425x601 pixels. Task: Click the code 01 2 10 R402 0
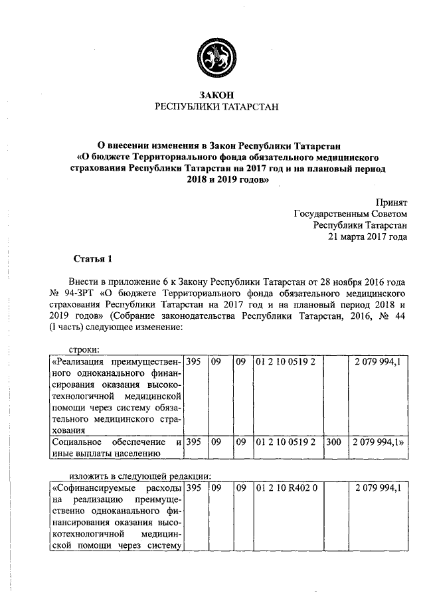pos(285,488)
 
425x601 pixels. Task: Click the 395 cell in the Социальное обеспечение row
pos(194,441)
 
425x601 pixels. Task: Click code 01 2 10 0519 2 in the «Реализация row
pos(285,362)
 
